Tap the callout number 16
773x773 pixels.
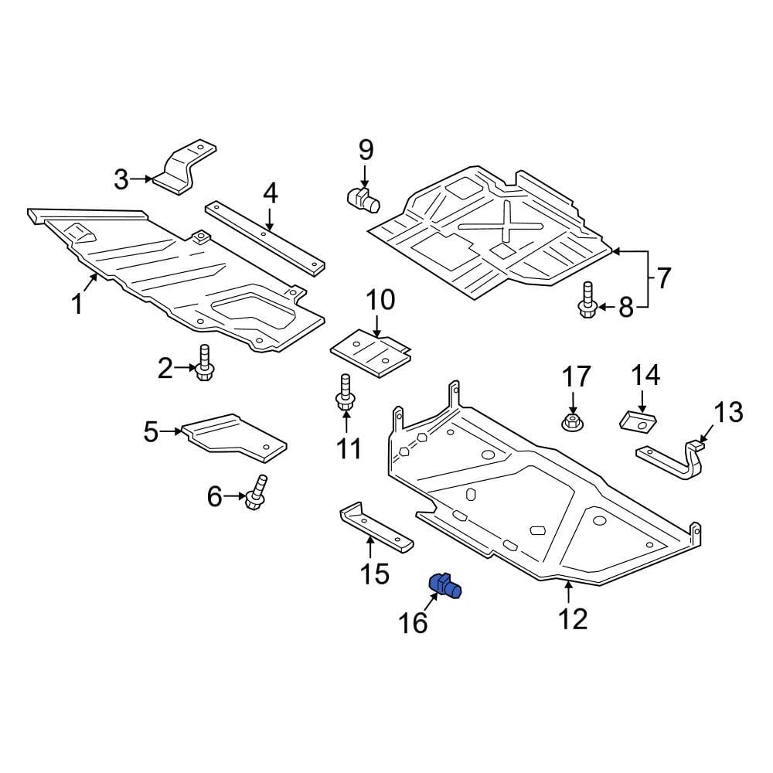coord(414,623)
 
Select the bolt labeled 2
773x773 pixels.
coord(205,363)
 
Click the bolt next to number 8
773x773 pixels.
coord(587,301)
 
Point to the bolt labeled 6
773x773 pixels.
coord(255,493)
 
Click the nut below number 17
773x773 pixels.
coord(572,422)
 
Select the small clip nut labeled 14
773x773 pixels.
coord(638,421)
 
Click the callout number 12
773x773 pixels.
coord(574,618)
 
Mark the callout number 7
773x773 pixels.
coord(663,277)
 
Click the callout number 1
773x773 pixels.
coord(77,304)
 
